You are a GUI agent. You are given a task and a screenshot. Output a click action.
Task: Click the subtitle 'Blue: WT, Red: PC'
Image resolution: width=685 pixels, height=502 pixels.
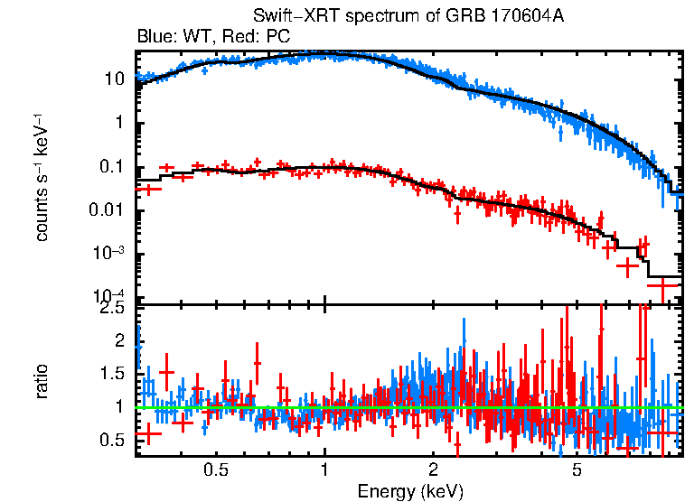[213, 37]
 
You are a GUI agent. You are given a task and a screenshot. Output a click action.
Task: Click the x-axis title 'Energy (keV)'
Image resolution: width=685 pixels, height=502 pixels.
[410, 491]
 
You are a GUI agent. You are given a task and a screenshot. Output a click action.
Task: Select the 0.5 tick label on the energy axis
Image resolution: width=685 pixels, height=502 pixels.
[215, 471]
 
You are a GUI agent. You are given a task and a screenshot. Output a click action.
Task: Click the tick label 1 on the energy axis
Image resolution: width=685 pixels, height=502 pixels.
[324, 471]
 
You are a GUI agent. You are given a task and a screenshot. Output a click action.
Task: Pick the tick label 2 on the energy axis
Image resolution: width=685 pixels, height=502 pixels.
[433, 471]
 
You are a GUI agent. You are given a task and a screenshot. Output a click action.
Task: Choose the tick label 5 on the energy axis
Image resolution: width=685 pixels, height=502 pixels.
[577, 471]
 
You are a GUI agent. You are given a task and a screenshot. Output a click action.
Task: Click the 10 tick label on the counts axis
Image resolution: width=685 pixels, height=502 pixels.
[114, 79]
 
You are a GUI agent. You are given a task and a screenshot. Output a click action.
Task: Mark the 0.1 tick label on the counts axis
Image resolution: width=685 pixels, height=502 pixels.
[111, 167]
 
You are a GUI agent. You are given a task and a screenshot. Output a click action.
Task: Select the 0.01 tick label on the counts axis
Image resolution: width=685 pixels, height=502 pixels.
[107, 210]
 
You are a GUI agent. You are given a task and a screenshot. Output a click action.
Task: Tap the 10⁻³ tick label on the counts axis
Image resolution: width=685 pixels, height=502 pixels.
[110, 253]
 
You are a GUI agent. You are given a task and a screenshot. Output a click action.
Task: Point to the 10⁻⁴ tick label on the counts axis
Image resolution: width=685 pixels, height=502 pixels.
[110, 296]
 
